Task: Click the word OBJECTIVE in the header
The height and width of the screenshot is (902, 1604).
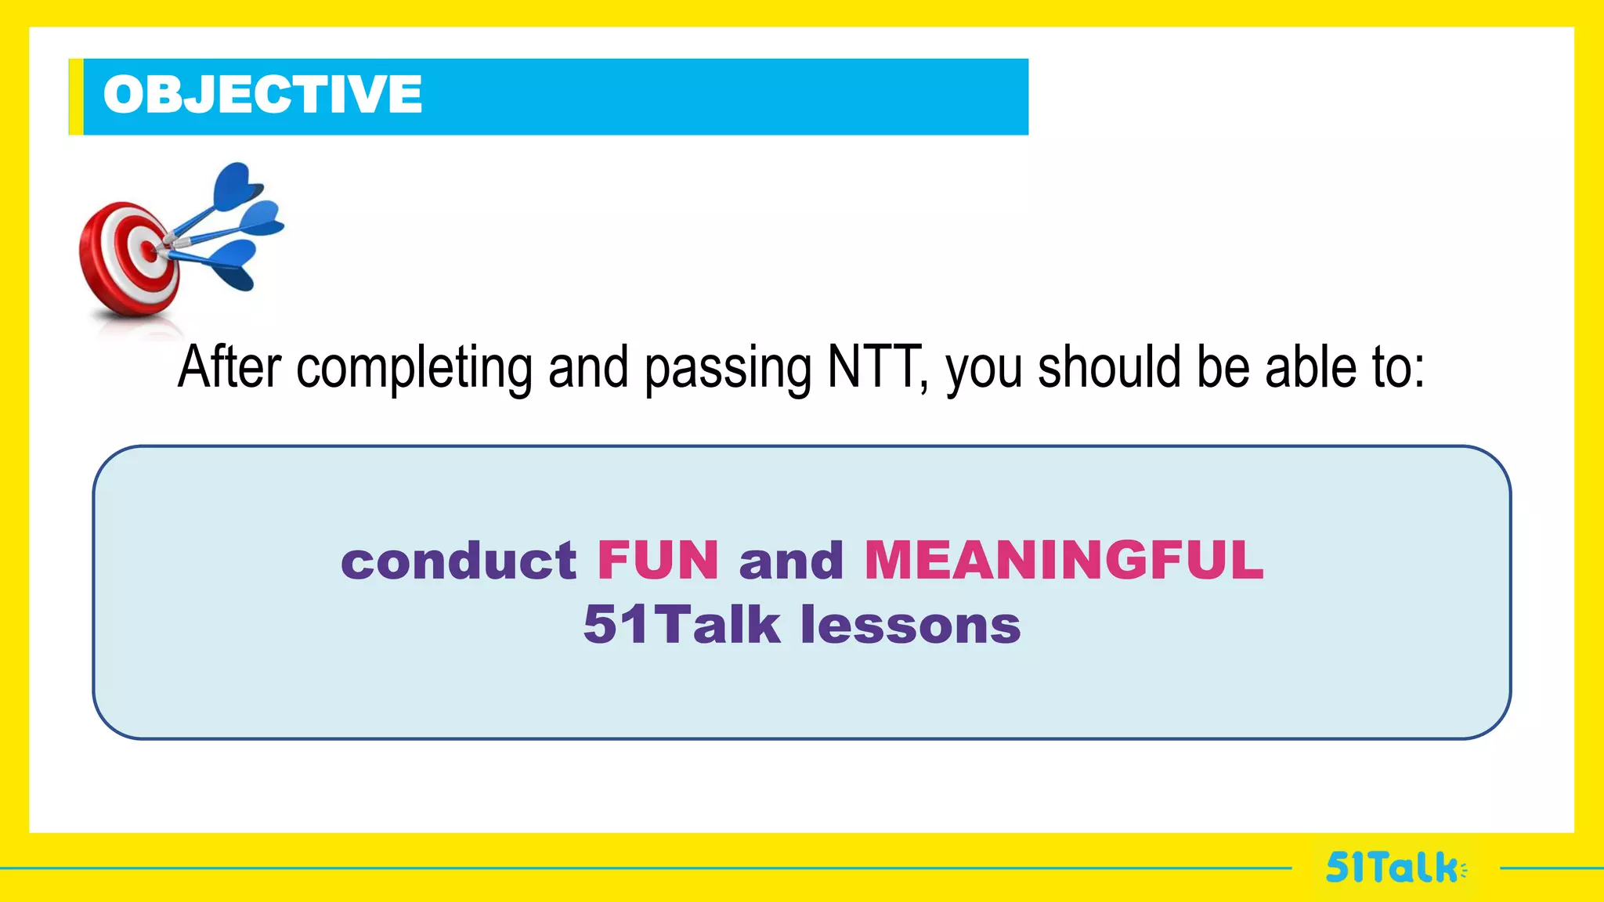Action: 262,95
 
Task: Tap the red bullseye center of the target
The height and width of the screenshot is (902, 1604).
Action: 149,251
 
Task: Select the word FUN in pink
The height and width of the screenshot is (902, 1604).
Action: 658,561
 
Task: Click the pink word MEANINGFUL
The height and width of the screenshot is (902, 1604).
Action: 1064,561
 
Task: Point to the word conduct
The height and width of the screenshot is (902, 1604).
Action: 459,561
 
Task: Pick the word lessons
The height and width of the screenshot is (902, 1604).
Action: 910,625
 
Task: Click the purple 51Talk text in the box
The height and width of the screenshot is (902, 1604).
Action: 681,625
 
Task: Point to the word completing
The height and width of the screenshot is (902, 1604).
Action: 414,368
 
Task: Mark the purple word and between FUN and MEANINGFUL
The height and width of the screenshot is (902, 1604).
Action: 791,561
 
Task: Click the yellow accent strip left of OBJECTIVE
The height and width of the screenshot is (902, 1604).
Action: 76,96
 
